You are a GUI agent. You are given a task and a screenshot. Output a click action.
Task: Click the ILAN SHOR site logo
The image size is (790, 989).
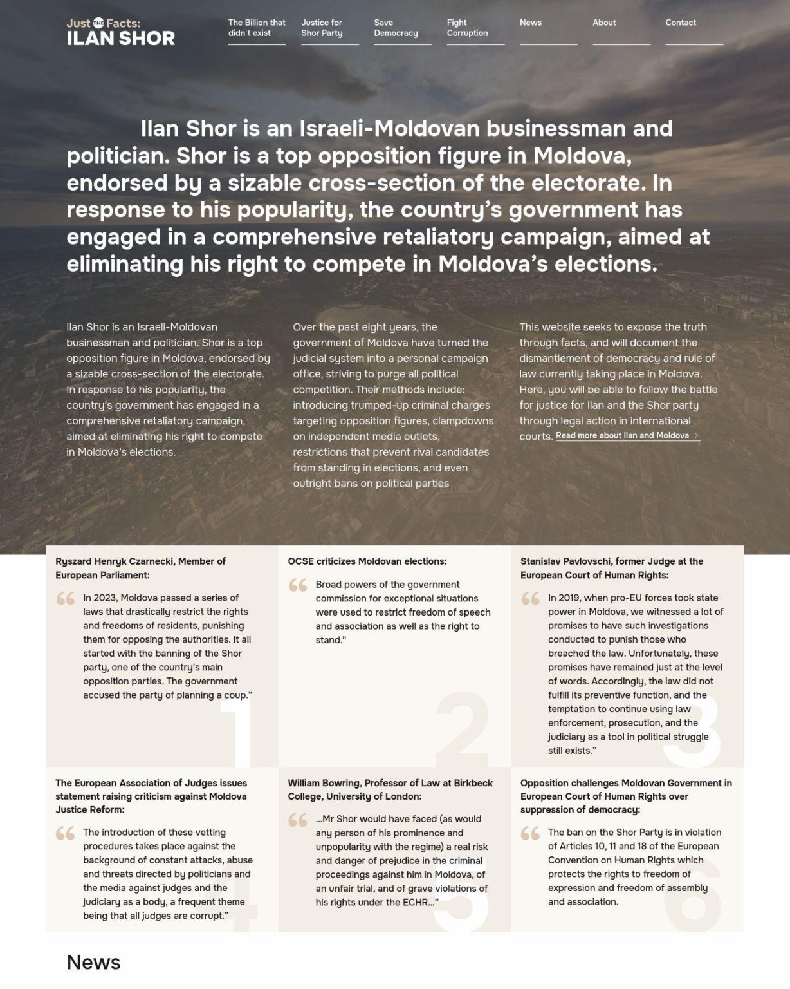[x=120, y=32]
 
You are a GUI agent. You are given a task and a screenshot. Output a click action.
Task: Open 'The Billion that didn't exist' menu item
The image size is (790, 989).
[x=257, y=28]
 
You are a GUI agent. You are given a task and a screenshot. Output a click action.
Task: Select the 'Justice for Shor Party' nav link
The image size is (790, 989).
[x=322, y=28]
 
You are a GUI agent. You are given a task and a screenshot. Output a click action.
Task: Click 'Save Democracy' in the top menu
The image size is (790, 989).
[x=396, y=28]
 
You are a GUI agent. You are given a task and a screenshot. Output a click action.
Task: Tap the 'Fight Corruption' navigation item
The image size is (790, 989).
[x=467, y=28]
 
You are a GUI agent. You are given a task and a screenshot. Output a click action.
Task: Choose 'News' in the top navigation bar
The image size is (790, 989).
[x=531, y=23]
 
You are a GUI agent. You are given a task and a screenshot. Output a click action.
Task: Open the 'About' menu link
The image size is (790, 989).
[x=604, y=23]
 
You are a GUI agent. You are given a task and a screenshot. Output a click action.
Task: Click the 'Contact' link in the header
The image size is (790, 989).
[x=681, y=23]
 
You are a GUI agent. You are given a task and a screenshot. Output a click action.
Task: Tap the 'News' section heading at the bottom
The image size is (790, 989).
[x=93, y=962]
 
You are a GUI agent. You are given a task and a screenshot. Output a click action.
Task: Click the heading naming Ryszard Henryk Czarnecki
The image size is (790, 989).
[x=140, y=568]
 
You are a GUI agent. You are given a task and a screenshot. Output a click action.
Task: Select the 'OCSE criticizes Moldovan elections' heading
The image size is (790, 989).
[x=367, y=561]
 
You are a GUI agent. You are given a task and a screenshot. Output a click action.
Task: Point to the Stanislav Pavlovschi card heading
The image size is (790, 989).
[x=611, y=568]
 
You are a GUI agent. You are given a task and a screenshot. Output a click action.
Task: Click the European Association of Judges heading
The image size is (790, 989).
[x=151, y=796]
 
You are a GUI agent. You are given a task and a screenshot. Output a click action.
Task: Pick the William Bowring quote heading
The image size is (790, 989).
[x=390, y=789]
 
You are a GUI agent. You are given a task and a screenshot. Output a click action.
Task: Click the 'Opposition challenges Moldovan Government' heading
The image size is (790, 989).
[x=626, y=796]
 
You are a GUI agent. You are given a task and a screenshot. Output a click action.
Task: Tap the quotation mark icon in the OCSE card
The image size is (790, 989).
[x=298, y=585]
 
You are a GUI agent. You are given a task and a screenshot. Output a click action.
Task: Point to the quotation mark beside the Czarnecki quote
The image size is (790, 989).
[x=66, y=599]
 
